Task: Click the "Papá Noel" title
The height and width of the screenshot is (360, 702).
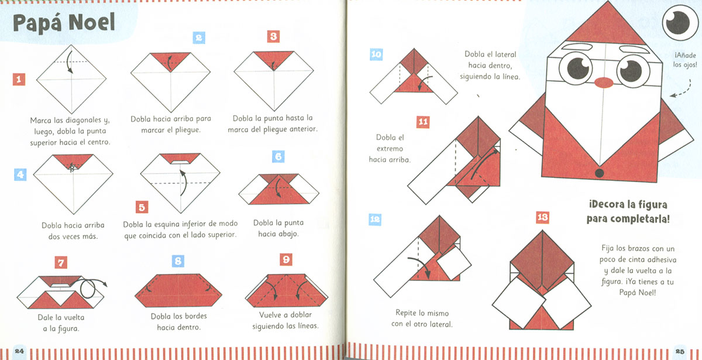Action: point(64,23)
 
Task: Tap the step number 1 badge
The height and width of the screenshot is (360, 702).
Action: point(19,80)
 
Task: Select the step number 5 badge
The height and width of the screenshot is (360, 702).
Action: point(142,207)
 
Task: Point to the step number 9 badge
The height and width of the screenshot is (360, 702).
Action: point(286,260)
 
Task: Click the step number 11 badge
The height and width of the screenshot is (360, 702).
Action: point(423,122)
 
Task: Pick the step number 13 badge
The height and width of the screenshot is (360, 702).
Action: point(542,217)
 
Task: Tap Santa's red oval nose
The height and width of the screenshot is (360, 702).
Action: point(604,83)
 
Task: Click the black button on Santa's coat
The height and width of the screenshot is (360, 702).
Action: point(599,173)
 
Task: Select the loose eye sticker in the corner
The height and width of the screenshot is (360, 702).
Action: point(680,23)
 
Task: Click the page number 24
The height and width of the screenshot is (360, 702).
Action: point(19,351)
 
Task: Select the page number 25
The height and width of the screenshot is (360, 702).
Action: point(680,351)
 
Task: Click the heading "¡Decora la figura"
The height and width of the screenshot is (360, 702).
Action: point(628,205)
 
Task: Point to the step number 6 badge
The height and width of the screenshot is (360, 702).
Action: point(278,156)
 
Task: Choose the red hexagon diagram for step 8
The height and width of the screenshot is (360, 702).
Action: point(178,291)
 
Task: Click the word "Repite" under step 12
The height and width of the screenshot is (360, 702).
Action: point(405,313)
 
